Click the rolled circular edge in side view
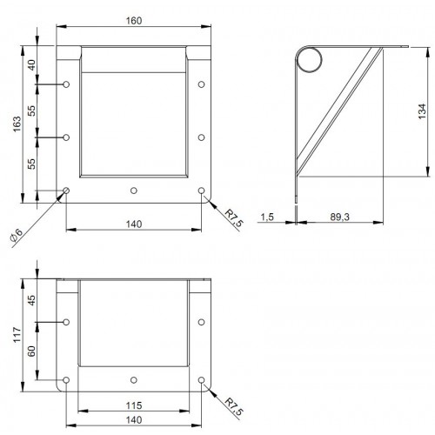coord(309,58)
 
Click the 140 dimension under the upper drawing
coord(134,224)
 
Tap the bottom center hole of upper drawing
coord(133,190)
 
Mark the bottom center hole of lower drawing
coord(133,380)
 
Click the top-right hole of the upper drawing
coord(202,84)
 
